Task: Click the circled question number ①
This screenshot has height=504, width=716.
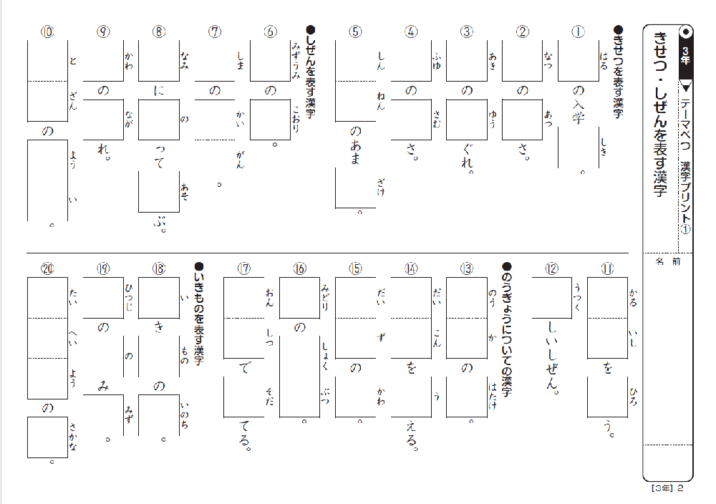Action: (x=579, y=31)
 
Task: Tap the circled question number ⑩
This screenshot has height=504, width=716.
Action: (x=47, y=31)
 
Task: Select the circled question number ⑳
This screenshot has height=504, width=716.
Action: (x=47, y=268)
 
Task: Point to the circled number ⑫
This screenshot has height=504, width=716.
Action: (x=551, y=268)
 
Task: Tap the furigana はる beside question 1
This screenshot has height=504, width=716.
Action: (x=604, y=57)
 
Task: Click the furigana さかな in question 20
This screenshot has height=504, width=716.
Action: (x=72, y=435)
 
